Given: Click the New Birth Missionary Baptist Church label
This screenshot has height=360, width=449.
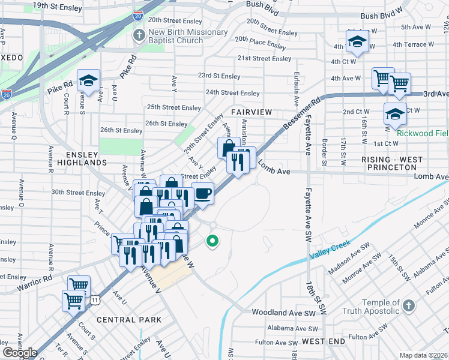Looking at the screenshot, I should coord(188,36).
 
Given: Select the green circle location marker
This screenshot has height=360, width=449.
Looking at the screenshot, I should coord(212,242).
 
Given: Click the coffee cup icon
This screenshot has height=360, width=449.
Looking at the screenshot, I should coord(202,194).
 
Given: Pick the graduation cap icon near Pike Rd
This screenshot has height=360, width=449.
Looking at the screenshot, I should coord(88,82).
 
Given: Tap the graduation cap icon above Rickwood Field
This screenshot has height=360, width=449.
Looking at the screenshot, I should coord(395,114).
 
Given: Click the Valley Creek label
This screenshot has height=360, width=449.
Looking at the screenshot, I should coord(330,250).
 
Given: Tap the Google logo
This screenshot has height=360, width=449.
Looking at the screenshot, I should coord(20,353).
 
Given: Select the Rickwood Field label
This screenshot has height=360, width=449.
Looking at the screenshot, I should coord(423,133).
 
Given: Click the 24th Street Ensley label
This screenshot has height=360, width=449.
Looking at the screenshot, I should coord(232,93).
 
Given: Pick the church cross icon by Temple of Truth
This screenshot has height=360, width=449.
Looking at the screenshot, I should coord(408,307).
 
